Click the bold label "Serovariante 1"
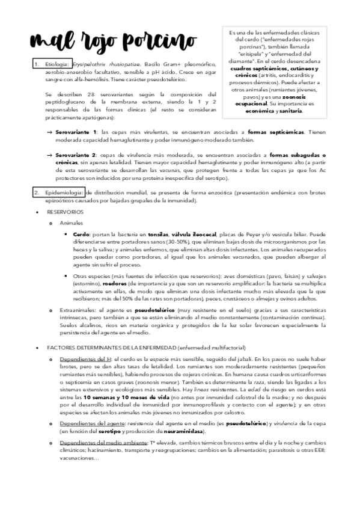pos(77,131)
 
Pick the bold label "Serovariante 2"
pos(77,155)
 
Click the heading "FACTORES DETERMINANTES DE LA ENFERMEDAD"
pos(102,348)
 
